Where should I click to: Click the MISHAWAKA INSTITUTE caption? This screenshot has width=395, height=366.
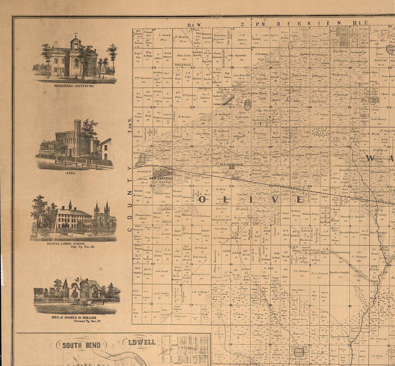[74, 86]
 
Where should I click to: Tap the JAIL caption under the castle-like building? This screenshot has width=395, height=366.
[70, 173]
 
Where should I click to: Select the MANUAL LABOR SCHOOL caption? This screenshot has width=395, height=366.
[66, 244]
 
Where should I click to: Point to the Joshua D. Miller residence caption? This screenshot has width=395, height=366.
[74, 317]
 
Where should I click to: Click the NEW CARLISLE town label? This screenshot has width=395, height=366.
[161, 178]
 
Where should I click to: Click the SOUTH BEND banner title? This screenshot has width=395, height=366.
[81, 345]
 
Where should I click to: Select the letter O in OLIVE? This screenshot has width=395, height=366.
[202, 199]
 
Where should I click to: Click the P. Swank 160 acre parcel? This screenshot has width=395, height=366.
[164, 37]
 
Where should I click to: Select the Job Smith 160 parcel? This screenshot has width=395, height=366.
[162, 273]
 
